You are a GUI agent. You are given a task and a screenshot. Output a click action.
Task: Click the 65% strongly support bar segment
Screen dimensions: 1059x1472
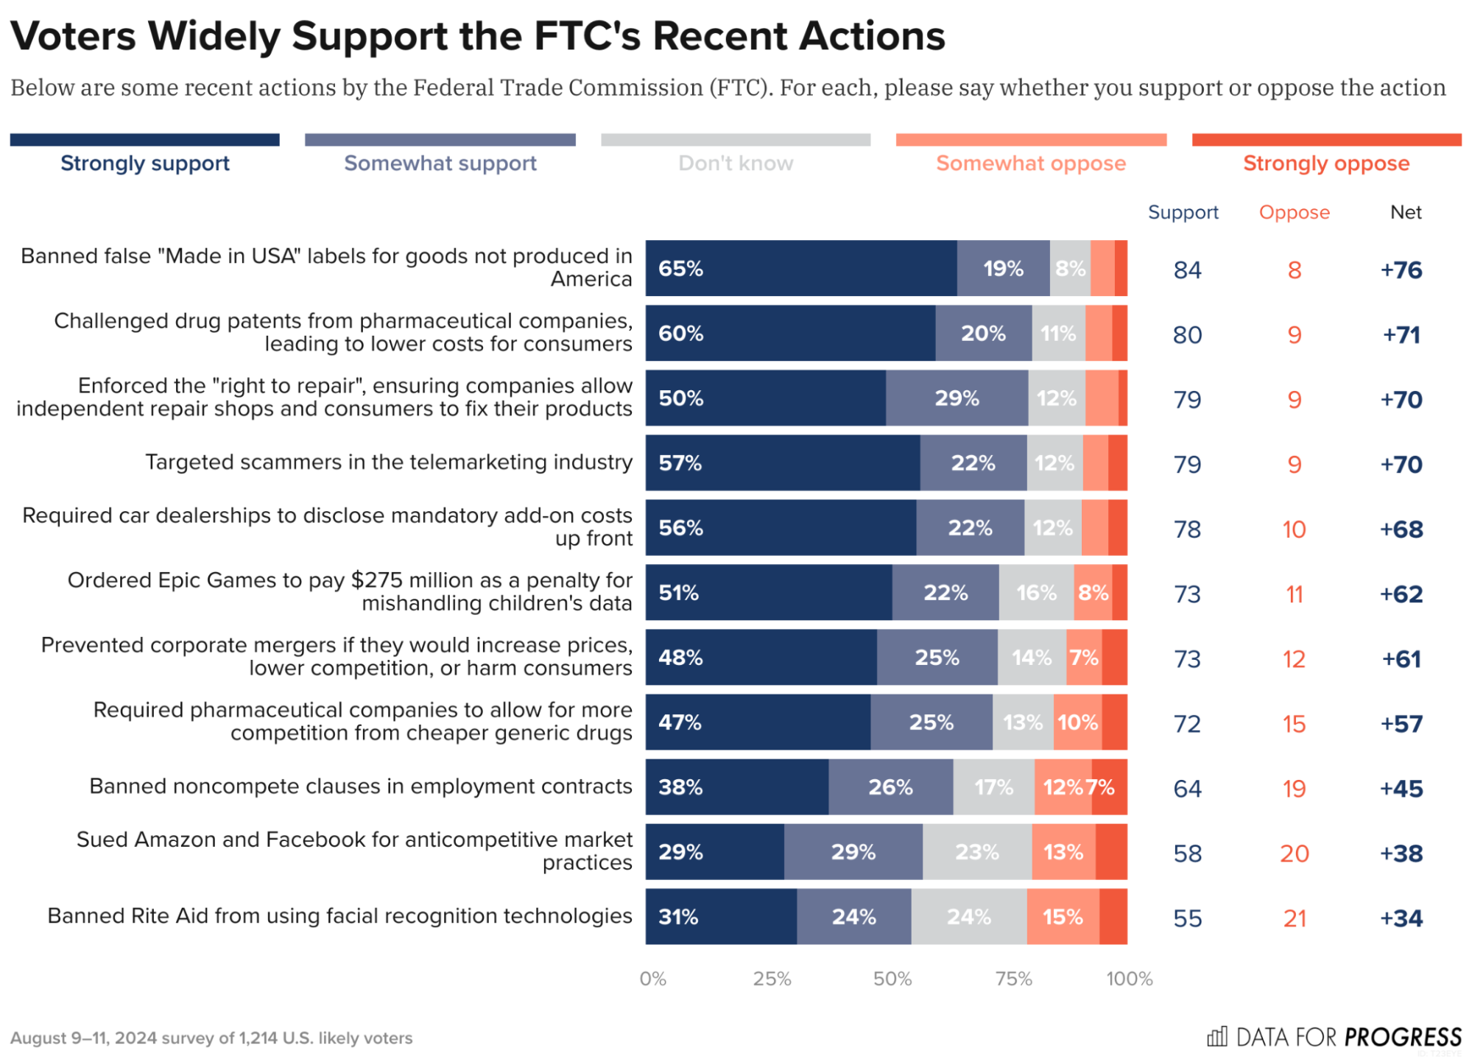(800, 268)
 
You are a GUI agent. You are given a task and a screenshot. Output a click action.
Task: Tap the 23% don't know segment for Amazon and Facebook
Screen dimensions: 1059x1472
(976, 852)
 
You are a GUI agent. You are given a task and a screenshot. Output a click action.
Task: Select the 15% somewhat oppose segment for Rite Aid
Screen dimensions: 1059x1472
(1063, 917)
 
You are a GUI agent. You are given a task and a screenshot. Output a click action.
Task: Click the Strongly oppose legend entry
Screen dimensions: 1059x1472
(1325, 163)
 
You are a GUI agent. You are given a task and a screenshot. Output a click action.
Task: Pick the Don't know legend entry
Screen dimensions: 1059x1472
(735, 163)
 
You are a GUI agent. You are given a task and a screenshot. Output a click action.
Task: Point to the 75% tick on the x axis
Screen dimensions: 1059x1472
(1013, 979)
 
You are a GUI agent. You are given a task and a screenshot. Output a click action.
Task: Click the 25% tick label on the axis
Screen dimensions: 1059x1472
(772, 979)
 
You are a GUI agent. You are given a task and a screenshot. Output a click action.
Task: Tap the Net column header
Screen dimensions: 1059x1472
(1405, 212)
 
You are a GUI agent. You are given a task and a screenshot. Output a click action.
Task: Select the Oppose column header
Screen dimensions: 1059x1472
(1294, 212)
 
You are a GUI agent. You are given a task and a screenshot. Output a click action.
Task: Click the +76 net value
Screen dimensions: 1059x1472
(1401, 270)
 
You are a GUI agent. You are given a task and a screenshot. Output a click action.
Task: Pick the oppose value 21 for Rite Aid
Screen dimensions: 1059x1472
(1294, 918)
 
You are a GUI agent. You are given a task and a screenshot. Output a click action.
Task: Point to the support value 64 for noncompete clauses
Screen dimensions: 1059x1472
(1187, 788)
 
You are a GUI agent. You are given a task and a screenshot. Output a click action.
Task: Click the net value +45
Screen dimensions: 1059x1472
(1401, 788)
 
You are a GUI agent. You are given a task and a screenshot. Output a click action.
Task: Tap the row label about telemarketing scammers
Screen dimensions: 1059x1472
(388, 462)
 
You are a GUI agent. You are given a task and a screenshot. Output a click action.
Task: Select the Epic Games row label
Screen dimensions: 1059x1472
(350, 591)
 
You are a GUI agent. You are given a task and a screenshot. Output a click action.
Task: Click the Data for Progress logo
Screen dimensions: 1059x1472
(1334, 1037)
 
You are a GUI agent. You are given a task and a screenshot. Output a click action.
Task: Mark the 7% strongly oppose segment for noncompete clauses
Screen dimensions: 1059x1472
(1108, 787)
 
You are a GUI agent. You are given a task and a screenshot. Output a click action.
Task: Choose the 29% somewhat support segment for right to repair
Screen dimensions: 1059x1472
(956, 398)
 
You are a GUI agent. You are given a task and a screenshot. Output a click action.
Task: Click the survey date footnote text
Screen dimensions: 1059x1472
(211, 1038)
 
